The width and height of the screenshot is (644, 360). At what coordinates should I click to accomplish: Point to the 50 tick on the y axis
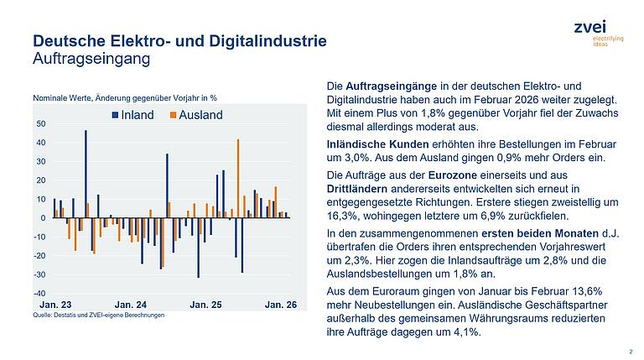click(x=41, y=123)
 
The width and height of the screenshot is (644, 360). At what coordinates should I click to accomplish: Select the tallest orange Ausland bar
click(x=238, y=178)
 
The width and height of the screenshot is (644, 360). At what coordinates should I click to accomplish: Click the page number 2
click(x=630, y=352)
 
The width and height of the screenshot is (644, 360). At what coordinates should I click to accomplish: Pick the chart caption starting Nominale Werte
click(x=124, y=98)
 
